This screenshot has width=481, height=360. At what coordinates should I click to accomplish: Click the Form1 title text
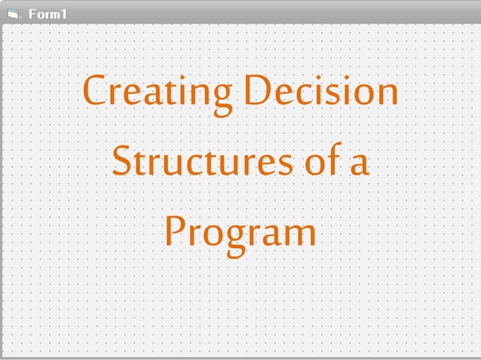[x=47, y=14]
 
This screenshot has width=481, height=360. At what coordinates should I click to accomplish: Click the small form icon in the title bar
[x=13, y=14]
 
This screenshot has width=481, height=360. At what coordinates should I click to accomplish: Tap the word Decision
[x=323, y=92]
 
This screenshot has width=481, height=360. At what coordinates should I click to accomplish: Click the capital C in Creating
[x=95, y=92]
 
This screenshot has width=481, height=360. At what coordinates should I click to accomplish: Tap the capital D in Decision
[x=260, y=92]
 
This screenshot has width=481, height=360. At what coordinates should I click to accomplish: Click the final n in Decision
[x=385, y=94]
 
